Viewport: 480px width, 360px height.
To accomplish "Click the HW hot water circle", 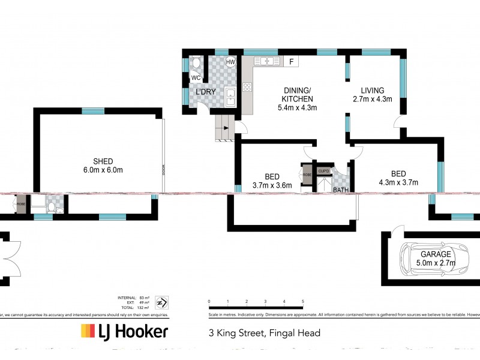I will click(x=230, y=62).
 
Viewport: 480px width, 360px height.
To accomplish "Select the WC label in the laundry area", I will click(x=195, y=78).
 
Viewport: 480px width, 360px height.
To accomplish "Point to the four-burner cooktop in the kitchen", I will click(x=246, y=88).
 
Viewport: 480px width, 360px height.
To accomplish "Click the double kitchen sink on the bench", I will click(x=266, y=61).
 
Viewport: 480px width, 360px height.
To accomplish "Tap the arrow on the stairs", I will click(x=224, y=128).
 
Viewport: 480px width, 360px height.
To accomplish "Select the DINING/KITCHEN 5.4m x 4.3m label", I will click(x=297, y=99).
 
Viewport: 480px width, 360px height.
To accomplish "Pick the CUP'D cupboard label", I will click(x=324, y=170).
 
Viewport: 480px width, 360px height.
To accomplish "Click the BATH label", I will click(x=341, y=190).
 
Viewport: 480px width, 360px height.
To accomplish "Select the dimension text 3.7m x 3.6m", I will click(x=272, y=185).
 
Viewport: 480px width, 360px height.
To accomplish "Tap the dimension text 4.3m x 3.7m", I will click(x=398, y=183).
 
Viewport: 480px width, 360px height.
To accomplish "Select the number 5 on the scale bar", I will click(x=302, y=301).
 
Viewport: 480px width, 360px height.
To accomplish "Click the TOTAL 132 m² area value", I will click(x=144, y=307).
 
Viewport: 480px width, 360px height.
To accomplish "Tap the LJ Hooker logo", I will click(x=124, y=332).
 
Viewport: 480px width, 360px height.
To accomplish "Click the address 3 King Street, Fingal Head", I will click(x=264, y=333).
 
